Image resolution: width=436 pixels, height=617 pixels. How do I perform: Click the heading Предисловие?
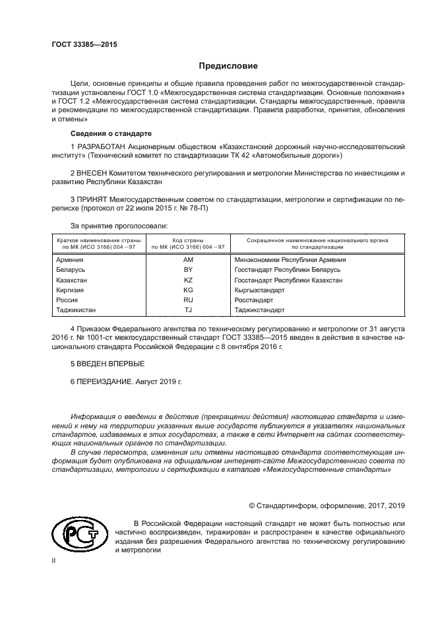click(x=228, y=66)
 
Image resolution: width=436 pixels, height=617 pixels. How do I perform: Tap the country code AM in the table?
click(x=188, y=260)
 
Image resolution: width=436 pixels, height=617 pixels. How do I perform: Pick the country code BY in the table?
click(x=188, y=270)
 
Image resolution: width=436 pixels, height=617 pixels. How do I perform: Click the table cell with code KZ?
click(x=188, y=280)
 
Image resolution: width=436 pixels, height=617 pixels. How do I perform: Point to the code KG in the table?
click(x=188, y=290)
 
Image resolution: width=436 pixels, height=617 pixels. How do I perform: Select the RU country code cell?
click(x=188, y=300)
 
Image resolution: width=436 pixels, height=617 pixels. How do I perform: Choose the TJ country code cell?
click(x=188, y=309)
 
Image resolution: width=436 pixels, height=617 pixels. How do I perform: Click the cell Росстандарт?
click(x=254, y=300)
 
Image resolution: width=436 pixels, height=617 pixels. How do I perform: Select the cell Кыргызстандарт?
click(x=259, y=290)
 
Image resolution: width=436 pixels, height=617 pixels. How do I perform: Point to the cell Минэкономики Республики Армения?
click(x=290, y=260)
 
